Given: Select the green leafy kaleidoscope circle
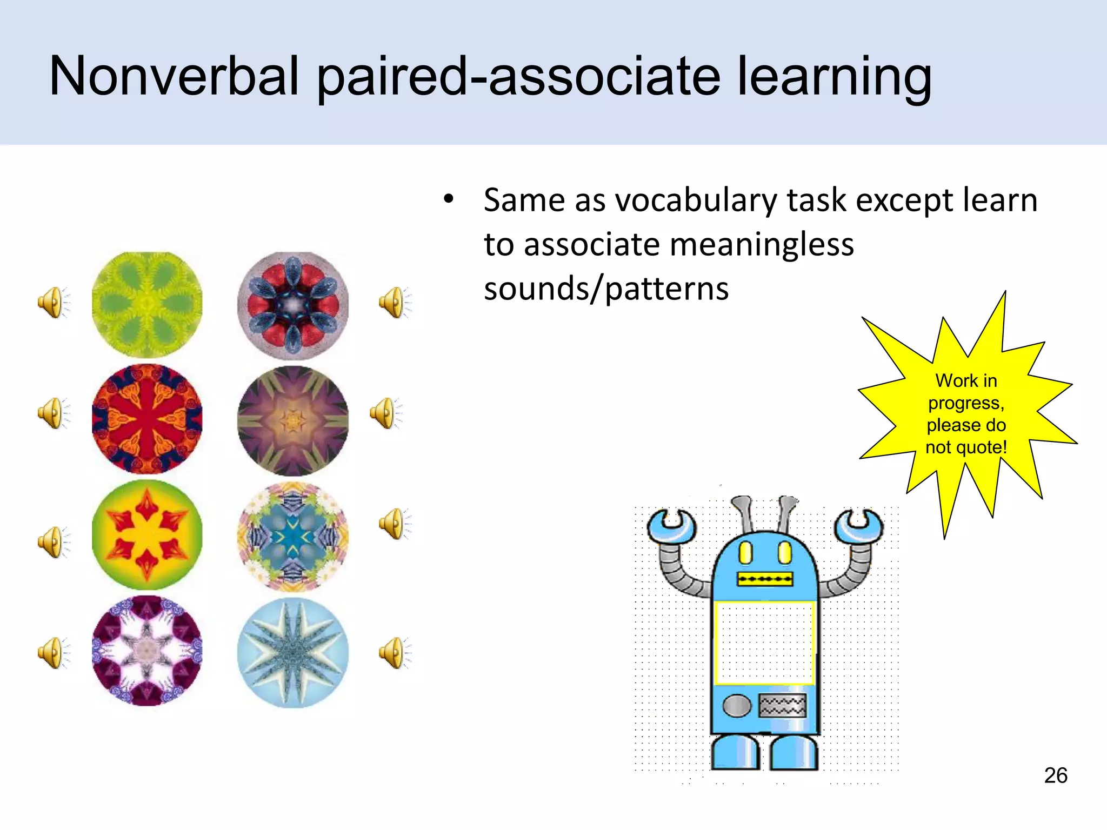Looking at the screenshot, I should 147,305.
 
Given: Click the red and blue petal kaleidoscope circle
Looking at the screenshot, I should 293,306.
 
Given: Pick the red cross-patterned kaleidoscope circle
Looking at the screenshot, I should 147,419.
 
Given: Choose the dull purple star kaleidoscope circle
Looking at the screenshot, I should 293,420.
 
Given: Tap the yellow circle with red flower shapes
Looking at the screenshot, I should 147,534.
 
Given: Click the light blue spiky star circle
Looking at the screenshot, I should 293,653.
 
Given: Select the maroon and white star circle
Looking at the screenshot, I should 147,651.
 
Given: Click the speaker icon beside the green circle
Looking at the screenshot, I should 53,303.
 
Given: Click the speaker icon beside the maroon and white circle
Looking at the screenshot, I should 53,653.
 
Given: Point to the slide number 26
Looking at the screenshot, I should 1055,775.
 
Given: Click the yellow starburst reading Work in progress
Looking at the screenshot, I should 966,413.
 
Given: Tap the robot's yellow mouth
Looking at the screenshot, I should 765,579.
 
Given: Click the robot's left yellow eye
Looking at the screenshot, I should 745,552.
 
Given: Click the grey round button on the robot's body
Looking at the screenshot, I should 737,706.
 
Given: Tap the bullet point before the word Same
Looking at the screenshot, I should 448,199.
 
